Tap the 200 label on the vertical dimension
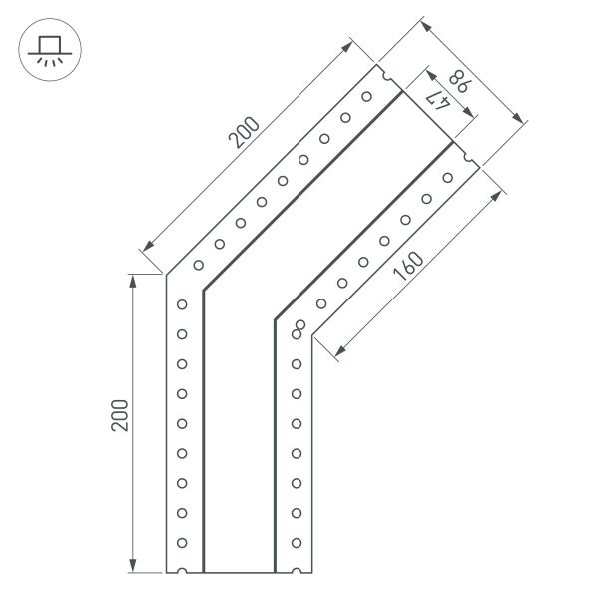point(119,416)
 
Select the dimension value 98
point(458,80)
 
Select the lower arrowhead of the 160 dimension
point(339,350)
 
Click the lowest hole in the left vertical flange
point(182,543)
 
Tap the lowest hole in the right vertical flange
point(296,543)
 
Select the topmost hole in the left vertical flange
point(182,303)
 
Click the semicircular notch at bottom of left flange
point(182,572)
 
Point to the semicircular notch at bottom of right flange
point(296,572)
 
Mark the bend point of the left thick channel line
point(204,291)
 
